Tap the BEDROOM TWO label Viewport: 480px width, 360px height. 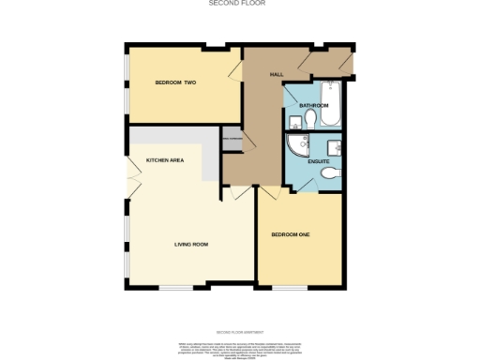175,83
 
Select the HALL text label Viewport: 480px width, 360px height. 277,73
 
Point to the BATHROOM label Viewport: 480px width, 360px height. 314,106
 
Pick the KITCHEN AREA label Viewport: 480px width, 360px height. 164,161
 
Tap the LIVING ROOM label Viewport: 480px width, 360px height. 190,245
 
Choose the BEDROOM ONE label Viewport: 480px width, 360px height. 291,233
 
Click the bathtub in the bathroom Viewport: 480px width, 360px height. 331,93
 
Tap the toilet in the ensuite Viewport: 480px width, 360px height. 328,176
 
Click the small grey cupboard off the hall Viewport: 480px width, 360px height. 231,141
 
